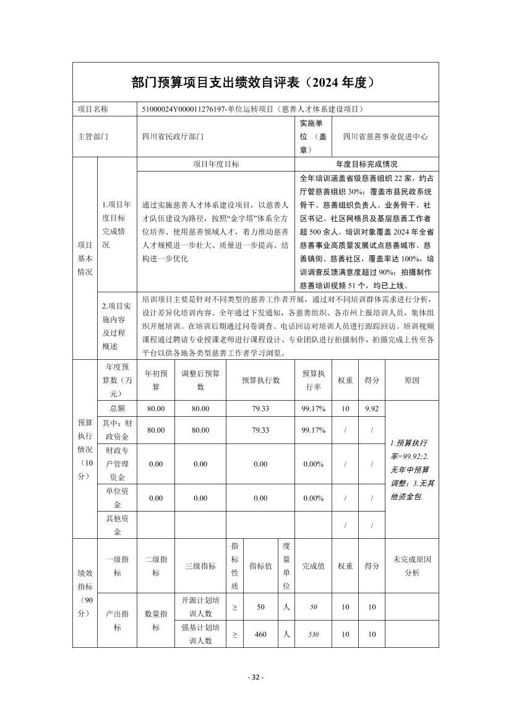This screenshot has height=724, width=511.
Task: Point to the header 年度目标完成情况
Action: click(x=366, y=164)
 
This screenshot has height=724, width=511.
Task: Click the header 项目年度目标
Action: click(x=216, y=164)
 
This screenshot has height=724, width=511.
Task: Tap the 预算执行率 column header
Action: click(x=313, y=380)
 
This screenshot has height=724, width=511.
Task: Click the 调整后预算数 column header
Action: click(x=200, y=380)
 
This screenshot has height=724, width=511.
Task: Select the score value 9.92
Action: click(x=372, y=409)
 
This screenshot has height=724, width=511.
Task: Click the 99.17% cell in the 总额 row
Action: click(x=313, y=409)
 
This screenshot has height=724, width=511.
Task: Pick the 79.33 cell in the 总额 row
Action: click(x=260, y=409)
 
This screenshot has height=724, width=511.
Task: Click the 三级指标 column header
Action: click(x=200, y=565)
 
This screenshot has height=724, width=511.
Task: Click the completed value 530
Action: click(x=313, y=634)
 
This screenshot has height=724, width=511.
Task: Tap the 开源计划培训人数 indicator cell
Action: click(x=200, y=607)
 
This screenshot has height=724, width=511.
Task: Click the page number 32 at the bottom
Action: click(x=255, y=677)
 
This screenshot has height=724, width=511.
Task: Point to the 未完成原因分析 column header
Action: click(x=411, y=565)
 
